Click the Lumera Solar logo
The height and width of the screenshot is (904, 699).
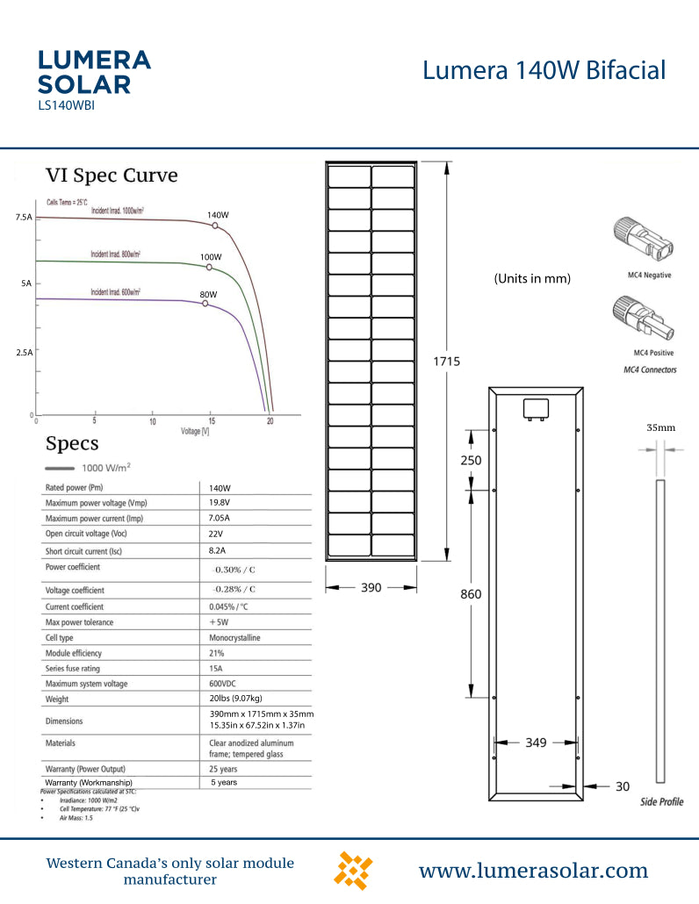94,72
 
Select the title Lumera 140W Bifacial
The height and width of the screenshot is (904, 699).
544,70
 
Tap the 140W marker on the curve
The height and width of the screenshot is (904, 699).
215,226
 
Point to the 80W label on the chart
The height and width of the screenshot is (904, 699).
208,294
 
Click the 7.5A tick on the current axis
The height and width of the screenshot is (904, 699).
24,216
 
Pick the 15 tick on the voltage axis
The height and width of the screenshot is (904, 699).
211,422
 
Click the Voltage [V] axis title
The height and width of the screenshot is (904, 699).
194,432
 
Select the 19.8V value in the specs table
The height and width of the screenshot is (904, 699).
220,503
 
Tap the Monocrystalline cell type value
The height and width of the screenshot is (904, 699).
234,637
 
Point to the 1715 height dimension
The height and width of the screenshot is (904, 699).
446,361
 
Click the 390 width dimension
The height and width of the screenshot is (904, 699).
371,587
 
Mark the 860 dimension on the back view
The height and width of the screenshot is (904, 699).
471,594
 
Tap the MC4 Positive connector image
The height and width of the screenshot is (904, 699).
649,319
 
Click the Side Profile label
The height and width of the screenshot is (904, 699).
661,801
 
